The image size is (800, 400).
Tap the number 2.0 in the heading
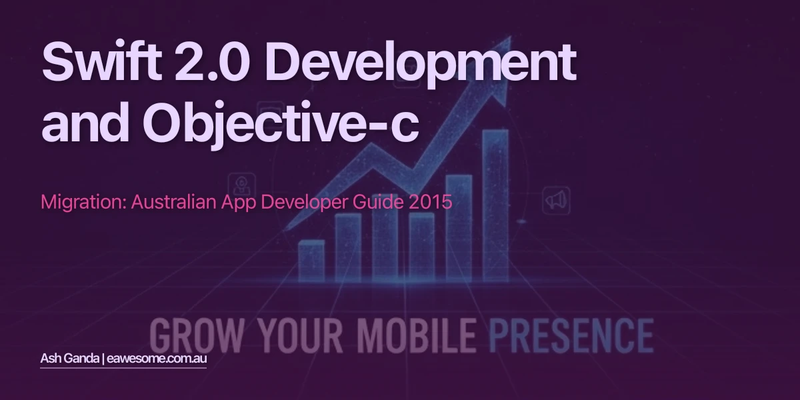[219, 61]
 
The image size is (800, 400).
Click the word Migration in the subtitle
[83, 202]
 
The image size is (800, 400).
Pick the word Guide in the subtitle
[377, 201]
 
